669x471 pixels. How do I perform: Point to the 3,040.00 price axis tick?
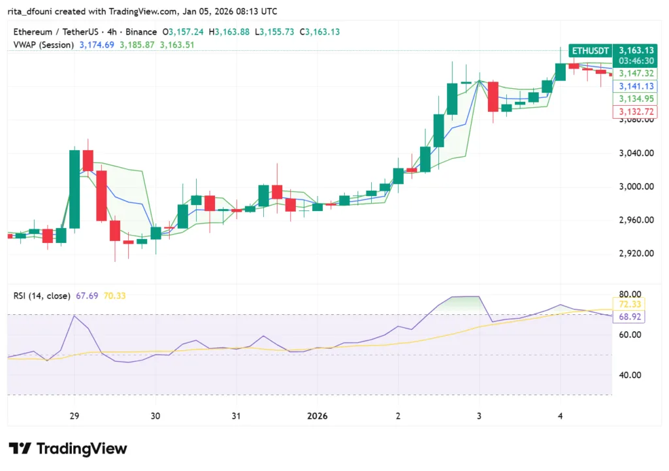click(x=636, y=153)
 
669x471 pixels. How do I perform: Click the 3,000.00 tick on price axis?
click(x=636, y=186)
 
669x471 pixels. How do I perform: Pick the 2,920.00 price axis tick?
click(x=636, y=253)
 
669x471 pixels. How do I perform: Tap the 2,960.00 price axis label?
click(x=636, y=219)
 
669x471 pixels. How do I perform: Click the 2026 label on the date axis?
click(x=318, y=416)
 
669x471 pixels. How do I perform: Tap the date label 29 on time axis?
click(x=74, y=416)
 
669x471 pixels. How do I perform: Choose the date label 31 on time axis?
click(x=236, y=416)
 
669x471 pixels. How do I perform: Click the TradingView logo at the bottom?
click(x=69, y=449)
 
